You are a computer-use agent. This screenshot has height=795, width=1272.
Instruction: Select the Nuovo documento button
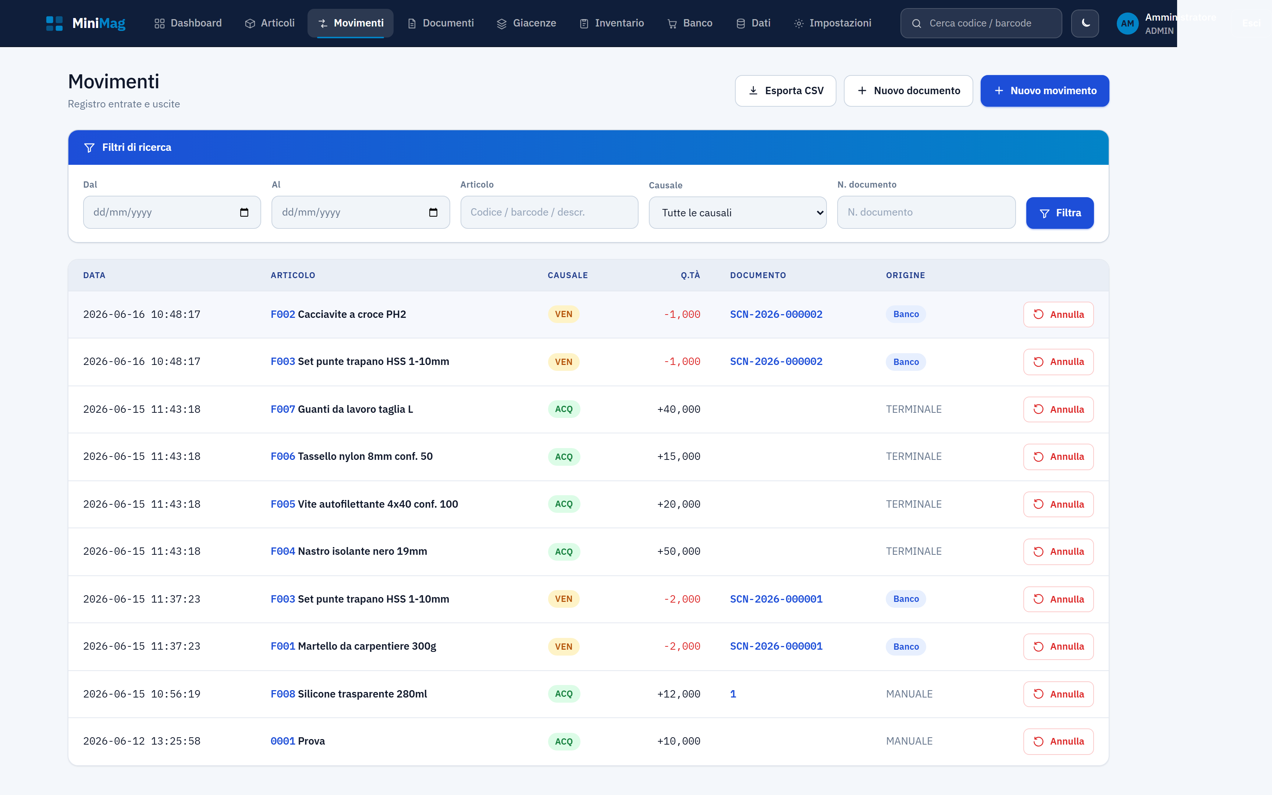tap(908, 91)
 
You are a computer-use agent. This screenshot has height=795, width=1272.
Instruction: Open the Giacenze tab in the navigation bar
tap(527, 23)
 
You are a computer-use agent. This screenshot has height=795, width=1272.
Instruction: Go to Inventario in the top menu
tap(612, 23)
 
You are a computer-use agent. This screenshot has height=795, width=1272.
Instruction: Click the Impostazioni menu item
tap(832, 23)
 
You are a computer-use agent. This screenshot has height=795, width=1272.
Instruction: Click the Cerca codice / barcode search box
tap(981, 23)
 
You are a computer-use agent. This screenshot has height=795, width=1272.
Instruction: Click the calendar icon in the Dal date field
tap(244, 212)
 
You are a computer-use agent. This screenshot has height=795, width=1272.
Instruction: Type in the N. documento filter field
tap(926, 212)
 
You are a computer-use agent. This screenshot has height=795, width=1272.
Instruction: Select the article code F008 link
tap(283, 694)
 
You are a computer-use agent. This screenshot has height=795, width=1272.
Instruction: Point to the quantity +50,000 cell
tap(679, 551)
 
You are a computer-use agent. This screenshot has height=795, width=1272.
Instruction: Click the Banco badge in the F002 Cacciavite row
tap(906, 315)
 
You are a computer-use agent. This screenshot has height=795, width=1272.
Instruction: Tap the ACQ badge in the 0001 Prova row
tap(564, 741)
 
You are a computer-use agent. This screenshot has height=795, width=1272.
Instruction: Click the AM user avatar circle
tap(1127, 24)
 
